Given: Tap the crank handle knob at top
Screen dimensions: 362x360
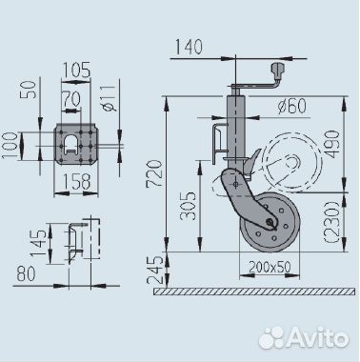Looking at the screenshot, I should (x=279, y=70).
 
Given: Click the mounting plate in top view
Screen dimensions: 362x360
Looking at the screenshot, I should (x=75, y=143).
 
